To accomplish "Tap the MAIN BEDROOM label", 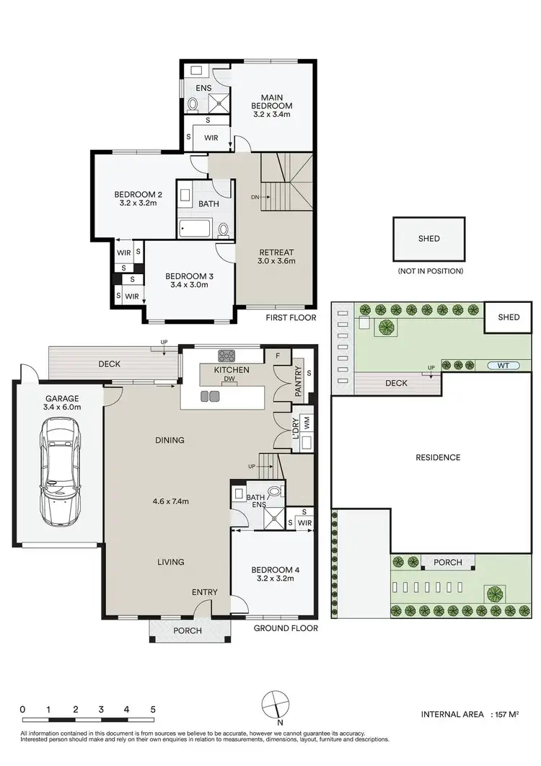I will pyautogui.click(x=272, y=102).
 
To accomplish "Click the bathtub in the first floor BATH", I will pyautogui.click(x=195, y=229).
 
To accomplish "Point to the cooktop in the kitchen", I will pyautogui.click(x=228, y=355).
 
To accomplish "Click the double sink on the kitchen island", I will pyautogui.click(x=210, y=395).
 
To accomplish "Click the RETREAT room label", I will pyautogui.click(x=277, y=252).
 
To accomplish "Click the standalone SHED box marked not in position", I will pyautogui.click(x=428, y=239).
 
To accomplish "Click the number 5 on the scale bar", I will pyautogui.click(x=153, y=709).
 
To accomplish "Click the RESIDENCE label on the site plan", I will pyautogui.click(x=438, y=457).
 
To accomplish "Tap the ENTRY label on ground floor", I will pyautogui.click(x=204, y=592).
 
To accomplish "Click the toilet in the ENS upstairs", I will pyautogui.click(x=193, y=105).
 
